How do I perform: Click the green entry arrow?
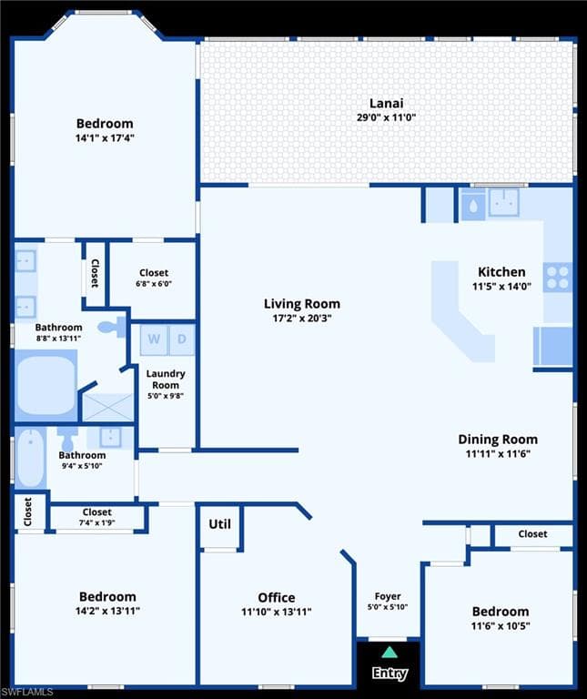click(390, 653)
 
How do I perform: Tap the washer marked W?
click(154, 339)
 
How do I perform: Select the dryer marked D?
click(182, 339)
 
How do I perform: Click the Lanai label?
click(387, 103)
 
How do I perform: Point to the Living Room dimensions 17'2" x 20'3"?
click(302, 319)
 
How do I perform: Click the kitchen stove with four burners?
click(558, 278)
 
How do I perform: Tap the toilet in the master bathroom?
click(111, 328)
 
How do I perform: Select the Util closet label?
click(219, 524)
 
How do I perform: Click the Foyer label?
click(388, 596)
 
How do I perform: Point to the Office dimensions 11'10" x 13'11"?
click(277, 612)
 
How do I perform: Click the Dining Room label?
click(498, 440)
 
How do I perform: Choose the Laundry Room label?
click(166, 380)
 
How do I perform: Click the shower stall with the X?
click(108, 407)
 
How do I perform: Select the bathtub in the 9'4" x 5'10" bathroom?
click(30, 458)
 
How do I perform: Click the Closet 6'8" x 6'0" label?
click(154, 278)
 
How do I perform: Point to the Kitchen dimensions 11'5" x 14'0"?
click(501, 286)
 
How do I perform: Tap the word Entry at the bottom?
click(390, 673)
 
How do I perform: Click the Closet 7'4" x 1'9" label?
click(96, 517)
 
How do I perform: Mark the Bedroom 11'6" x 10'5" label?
click(501, 618)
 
